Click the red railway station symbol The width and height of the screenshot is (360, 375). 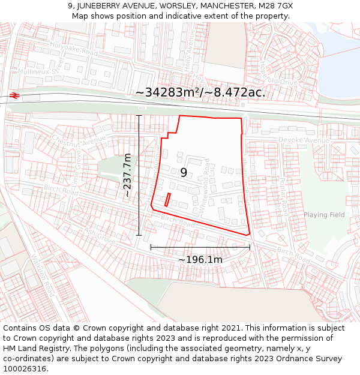[14, 95]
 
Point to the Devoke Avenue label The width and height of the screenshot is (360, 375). [304, 140]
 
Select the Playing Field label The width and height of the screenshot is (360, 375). [324, 215]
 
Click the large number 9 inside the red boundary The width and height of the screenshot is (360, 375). [184, 173]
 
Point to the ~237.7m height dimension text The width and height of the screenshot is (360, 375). [127, 175]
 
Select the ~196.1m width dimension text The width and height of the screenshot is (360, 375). [200, 260]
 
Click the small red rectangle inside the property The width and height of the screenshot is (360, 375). [168, 200]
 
